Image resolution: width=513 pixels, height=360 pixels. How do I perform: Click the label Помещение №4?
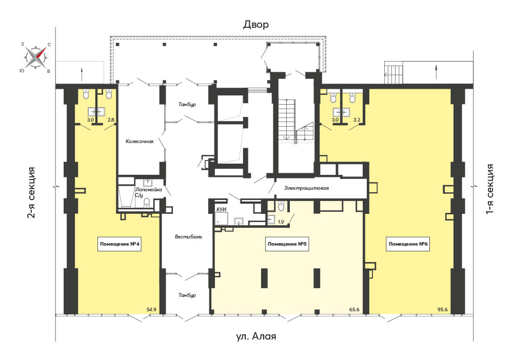click(x=120, y=244)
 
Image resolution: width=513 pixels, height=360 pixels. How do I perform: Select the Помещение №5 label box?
click(x=287, y=244)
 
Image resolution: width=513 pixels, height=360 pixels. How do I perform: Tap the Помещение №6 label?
click(x=408, y=244)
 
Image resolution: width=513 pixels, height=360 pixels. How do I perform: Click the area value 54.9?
click(x=152, y=309)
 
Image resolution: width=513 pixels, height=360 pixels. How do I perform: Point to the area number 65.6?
click(x=354, y=309)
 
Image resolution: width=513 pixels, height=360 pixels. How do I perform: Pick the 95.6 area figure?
click(x=443, y=309)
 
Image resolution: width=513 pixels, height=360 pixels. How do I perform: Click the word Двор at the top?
click(x=256, y=25)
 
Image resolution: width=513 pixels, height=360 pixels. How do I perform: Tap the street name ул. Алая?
click(x=256, y=336)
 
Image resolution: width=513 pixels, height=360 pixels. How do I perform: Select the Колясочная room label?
click(x=140, y=142)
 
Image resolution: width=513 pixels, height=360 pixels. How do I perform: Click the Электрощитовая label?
click(x=306, y=188)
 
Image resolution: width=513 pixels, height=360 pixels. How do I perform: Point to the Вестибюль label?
click(x=188, y=237)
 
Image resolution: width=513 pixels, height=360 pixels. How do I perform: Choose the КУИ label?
click(x=222, y=210)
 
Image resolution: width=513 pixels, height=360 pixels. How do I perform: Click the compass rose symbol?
click(x=36, y=57)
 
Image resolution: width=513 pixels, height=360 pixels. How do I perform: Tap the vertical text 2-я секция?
click(x=31, y=193)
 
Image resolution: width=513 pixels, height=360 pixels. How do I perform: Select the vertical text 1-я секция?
click(x=490, y=189)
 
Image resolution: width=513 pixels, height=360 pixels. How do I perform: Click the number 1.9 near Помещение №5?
click(x=281, y=222)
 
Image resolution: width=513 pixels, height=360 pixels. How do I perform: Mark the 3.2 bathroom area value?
click(x=357, y=120)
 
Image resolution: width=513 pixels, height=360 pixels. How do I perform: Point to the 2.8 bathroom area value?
click(x=111, y=120)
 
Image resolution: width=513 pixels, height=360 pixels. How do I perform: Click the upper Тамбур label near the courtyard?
click(x=187, y=105)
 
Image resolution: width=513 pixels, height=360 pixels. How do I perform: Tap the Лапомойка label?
click(x=149, y=190)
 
